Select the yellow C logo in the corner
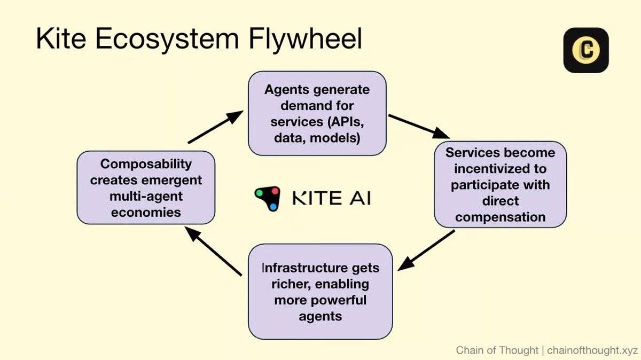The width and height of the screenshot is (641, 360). click(x=586, y=50)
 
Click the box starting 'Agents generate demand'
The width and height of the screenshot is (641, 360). click(x=317, y=113)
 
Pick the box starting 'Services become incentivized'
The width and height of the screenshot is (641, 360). click(x=499, y=184)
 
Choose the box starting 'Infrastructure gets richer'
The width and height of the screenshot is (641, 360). click(x=320, y=291)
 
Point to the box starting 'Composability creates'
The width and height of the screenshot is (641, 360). click(x=146, y=187)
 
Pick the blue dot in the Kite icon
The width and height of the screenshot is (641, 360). click(x=273, y=207)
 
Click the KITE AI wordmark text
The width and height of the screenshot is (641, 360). click(x=331, y=199)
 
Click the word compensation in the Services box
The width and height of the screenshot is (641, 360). click(x=500, y=217)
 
